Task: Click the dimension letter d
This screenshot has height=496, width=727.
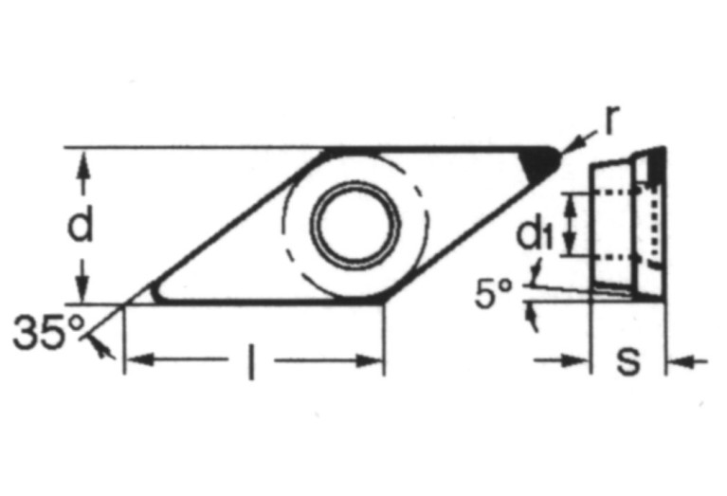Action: (x=83, y=226)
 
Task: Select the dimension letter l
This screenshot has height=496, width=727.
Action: (x=252, y=364)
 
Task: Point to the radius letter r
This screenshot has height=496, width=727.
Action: (x=610, y=119)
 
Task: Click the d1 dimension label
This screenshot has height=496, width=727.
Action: (x=536, y=233)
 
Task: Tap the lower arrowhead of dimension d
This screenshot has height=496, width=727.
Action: (x=83, y=292)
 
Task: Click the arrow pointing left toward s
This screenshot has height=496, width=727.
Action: (x=675, y=360)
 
